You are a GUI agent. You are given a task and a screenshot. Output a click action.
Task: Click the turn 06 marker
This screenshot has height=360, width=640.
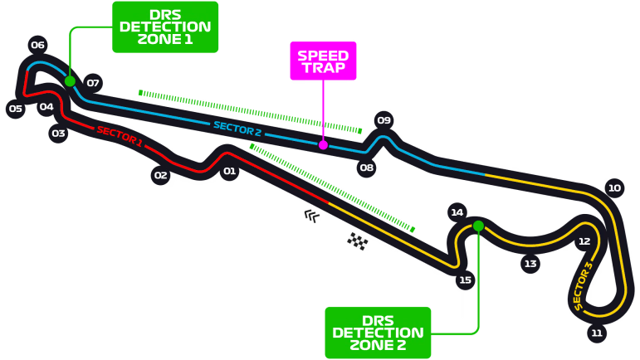(x=37, y=45)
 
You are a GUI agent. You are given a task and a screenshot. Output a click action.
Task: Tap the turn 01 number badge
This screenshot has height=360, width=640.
(x=229, y=172)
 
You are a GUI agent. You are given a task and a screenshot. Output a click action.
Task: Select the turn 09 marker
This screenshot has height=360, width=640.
(x=384, y=120)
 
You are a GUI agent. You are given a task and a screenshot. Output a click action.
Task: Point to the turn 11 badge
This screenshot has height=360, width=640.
(x=596, y=333)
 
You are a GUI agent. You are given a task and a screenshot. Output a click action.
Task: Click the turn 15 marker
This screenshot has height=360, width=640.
(x=465, y=280)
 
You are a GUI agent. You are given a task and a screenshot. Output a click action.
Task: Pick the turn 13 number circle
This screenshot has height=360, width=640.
(x=530, y=264)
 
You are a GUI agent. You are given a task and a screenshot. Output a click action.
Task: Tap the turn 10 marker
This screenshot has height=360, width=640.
(x=614, y=188)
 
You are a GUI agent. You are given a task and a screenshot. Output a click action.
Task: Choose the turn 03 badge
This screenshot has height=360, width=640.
(x=58, y=133)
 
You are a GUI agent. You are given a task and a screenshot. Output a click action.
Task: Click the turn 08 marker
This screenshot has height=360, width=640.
(x=366, y=168)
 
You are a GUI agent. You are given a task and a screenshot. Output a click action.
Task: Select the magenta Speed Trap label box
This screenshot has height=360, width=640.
(x=323, y=61)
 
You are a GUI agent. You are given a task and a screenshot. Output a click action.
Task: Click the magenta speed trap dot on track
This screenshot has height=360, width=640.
(x=323, y=145)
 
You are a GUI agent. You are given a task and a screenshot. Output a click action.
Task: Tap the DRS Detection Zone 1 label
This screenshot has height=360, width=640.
(x=165, y=27)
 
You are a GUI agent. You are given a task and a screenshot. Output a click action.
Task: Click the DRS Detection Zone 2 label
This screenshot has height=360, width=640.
(x=378, y=332)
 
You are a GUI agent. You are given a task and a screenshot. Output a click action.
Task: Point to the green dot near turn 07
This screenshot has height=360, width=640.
(x=70, y=81)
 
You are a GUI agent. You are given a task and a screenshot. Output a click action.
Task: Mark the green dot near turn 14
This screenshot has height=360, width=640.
(x=478, y=226)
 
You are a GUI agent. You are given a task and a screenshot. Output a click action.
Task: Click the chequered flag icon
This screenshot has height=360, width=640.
(x=358, y=241)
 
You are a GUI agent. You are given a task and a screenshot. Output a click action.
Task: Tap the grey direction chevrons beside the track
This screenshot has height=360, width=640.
(x=311, y=216)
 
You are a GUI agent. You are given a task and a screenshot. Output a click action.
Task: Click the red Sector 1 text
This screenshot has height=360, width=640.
(x=119, y=136)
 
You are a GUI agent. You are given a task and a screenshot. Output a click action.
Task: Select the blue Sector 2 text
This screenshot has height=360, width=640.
(x=237, y=128)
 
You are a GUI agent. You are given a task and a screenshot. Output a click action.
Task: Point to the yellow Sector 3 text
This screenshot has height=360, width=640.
(x=584, y=286)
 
